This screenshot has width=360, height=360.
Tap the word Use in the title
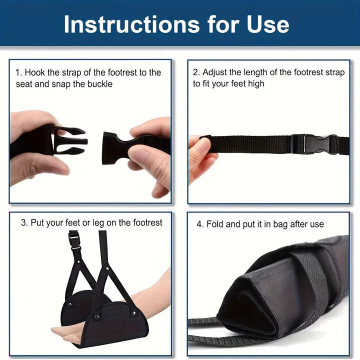tap(268, 24)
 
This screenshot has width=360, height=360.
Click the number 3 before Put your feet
tap(23, 222)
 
